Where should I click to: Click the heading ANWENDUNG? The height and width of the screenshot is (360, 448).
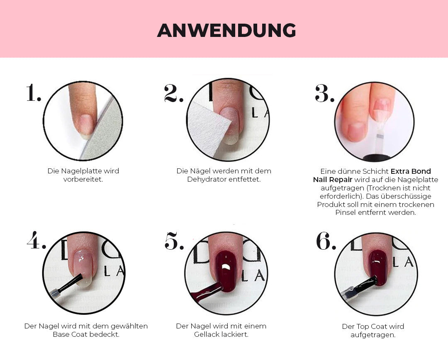click(x=226, y=30)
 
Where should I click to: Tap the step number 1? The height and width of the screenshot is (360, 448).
click(x=34, y=93)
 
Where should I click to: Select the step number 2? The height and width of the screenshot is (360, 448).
click(x=173, y=93)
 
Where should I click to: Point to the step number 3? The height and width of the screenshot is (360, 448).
click(x=324, y=93)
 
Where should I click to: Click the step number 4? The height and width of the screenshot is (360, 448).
click(x=36, y=240)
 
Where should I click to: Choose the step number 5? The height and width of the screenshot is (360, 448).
click(x=174, y=241)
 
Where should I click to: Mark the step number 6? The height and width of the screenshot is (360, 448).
click(x=326, y=241)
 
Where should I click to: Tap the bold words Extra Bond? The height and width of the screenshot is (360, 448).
click(x=411, y=171)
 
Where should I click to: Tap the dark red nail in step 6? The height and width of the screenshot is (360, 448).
click(x=378, y=268)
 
